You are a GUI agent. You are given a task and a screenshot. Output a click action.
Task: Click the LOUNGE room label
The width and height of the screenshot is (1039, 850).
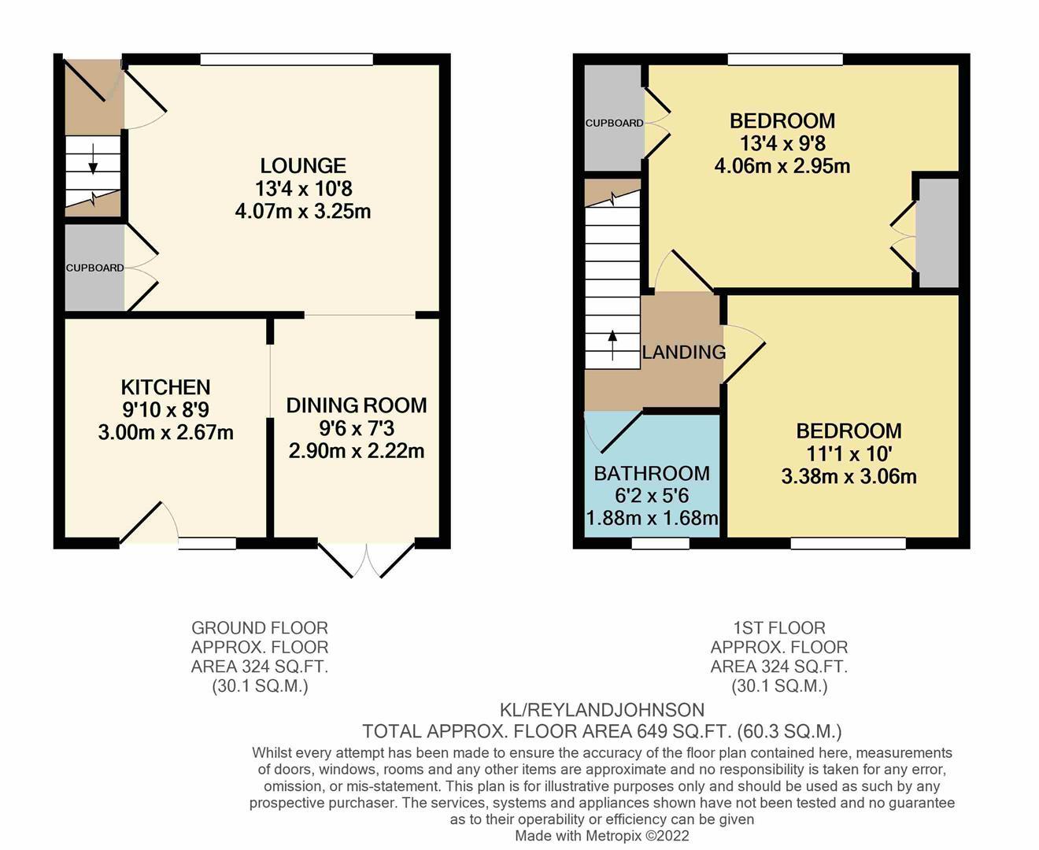point(303,166)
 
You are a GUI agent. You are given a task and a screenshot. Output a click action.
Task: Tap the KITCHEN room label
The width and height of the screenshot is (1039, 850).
point(165,387)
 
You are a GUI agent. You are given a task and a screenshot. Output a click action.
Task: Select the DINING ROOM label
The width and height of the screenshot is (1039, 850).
point(356,405)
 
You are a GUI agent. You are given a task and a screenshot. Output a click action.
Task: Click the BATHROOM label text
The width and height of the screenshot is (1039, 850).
point(652,473)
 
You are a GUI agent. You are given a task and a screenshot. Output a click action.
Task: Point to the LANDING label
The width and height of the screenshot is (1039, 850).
point(683,353)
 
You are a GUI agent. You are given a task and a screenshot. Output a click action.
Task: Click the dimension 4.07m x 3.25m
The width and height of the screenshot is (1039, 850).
point(303,211)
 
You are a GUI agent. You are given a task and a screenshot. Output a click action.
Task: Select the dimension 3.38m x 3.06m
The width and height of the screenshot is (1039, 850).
point(849,476)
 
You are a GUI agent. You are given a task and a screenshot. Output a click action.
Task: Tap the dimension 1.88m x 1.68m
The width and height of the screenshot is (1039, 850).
point(652,518)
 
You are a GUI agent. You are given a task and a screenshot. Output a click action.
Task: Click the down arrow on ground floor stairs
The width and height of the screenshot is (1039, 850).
point(94,159)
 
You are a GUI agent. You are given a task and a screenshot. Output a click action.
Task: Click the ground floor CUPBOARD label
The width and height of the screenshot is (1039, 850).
point(94,268)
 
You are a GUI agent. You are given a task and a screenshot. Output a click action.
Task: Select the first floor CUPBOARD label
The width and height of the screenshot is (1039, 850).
point(614,123)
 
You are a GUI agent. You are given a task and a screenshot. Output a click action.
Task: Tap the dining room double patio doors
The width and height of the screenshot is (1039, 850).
point(367,560)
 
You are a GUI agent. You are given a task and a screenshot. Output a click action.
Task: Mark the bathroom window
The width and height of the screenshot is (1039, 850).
point(660,543)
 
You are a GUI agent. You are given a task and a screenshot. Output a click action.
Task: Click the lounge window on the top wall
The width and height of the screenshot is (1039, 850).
point(287,59)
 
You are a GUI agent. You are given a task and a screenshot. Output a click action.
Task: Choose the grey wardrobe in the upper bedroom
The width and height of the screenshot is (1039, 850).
point(938,233)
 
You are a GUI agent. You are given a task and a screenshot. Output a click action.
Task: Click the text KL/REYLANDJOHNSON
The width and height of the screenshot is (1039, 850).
point(602,710)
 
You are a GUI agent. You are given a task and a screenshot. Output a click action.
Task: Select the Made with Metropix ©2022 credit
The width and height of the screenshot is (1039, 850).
point(602,836)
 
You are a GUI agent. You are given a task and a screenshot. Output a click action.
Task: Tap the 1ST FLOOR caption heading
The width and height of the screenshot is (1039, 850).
point(778,628)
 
